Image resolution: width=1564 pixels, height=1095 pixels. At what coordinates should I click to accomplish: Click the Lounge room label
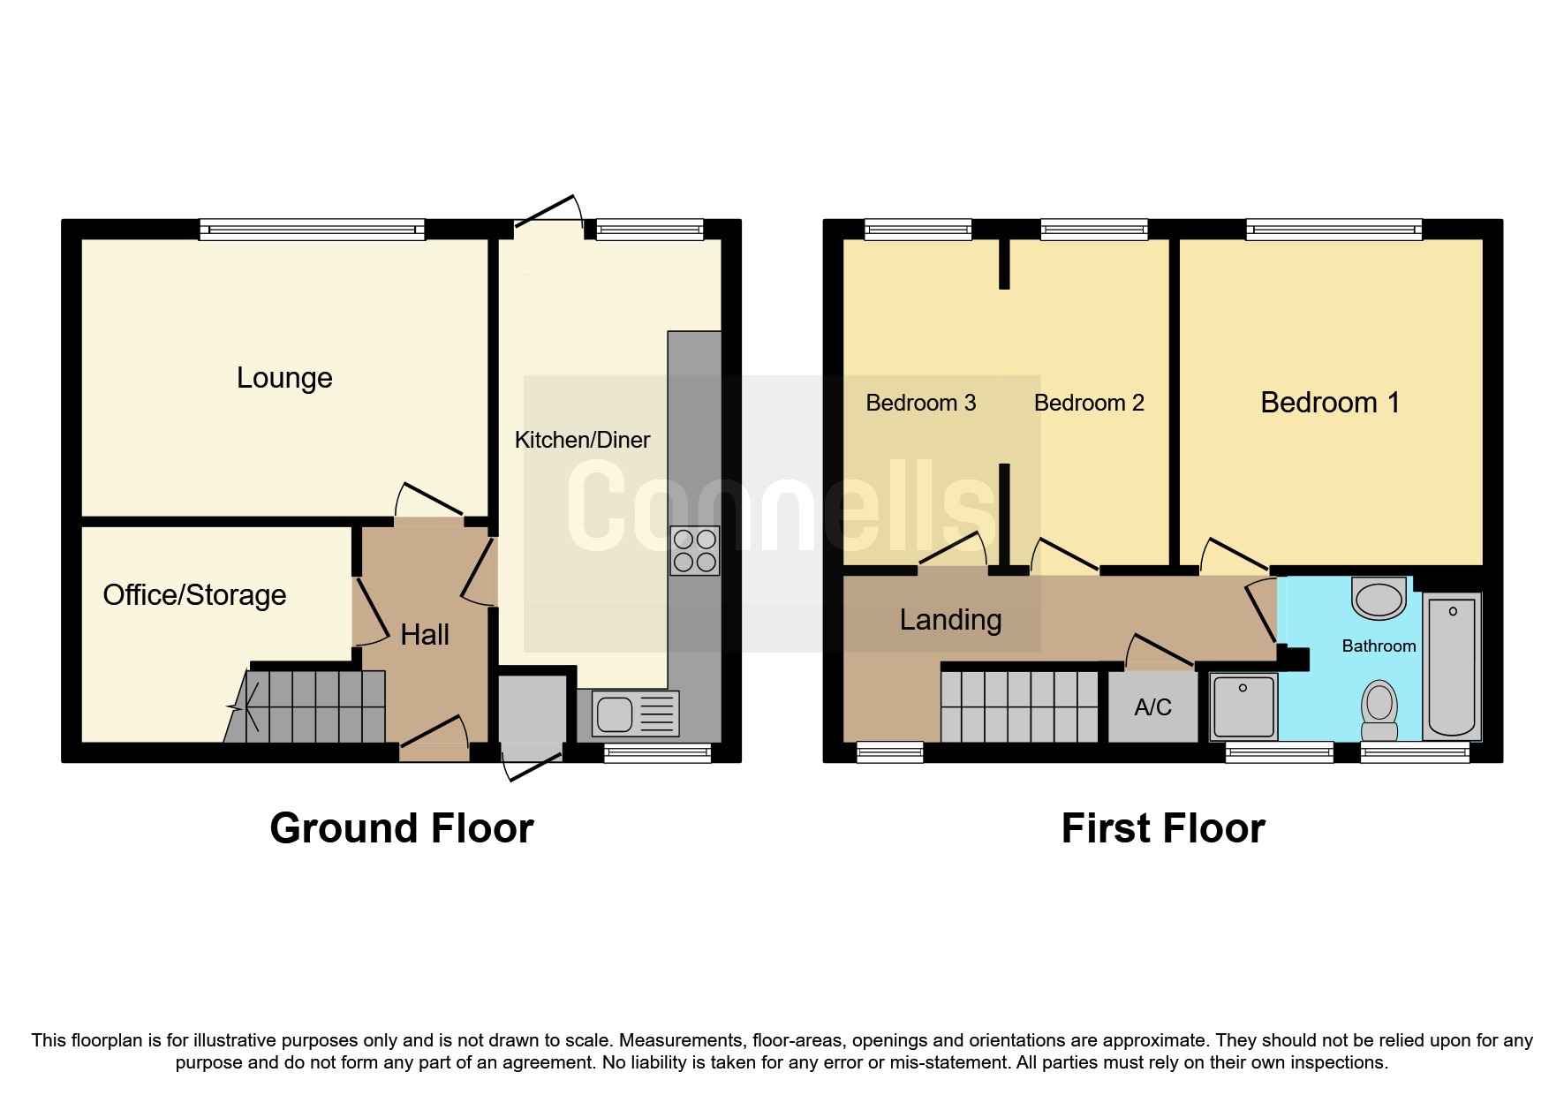(x=284, y=378)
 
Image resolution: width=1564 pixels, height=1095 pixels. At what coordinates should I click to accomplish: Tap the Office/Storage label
(x=194, y=595)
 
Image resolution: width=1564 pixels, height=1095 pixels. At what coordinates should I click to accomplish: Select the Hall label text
(x=425, y=634)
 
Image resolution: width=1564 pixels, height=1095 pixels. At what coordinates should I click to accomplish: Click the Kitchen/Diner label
(x=582, y=440)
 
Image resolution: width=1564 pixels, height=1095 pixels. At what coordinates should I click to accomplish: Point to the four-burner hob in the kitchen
(x=694, y=550)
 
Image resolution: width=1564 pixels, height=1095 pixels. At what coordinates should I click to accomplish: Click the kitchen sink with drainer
(x=628, y=713)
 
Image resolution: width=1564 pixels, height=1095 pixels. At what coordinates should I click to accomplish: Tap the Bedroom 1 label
(x=1330, y=403)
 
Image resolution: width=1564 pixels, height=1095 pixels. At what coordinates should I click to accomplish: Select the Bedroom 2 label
(x=1089, y=403)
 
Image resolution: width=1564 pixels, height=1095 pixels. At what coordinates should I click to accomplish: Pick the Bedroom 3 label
(x=920, y=403)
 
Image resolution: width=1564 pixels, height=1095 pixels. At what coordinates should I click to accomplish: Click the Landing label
(x=950, y=620)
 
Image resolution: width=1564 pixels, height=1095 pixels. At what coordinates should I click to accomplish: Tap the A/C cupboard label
(x=1152, y=707)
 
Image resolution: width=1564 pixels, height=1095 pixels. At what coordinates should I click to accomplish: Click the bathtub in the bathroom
(x=1452, y=667)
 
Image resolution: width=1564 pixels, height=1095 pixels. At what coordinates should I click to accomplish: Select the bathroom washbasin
(x=1379, y=599)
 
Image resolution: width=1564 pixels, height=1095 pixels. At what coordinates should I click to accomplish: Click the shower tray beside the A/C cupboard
(x=1243, y=706)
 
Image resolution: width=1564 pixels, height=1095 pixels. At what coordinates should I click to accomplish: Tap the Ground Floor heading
(x=402, y=828)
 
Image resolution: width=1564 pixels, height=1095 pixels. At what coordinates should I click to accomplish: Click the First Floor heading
(x=1163, y=828)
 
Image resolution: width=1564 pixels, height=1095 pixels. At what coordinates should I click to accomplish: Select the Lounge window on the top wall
(x=312, y=230)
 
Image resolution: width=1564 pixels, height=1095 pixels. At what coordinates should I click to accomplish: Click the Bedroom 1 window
(x=1334, y=230)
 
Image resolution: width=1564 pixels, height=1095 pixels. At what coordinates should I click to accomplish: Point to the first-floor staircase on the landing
(x=1019, y=706)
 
